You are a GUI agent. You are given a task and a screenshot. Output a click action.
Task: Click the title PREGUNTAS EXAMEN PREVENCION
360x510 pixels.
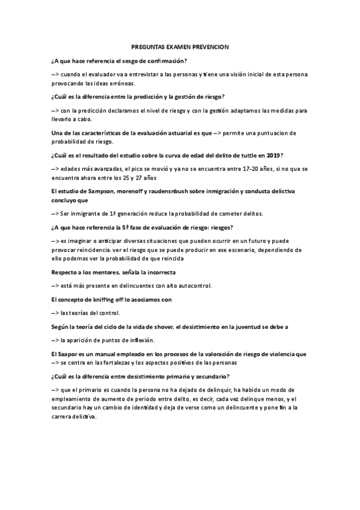click(180, 46)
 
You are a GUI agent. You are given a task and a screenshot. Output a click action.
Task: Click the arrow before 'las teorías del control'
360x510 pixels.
click(55, 313)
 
